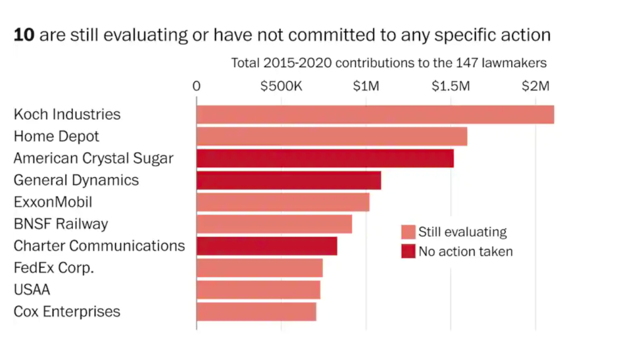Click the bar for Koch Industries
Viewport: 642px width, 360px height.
(x=375, y=114)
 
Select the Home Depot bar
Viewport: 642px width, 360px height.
(x=332, y=136)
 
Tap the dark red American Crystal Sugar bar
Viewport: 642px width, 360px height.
(x=325, y=158)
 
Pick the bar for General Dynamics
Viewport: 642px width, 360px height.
(x=288, y=180)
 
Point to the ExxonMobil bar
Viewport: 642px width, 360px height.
(x=283, y=202)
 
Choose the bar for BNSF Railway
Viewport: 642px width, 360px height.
(x=274, y=224)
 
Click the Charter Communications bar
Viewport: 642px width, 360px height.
(x=266, y=246)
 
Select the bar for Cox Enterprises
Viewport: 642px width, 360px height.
(x=256, y=312)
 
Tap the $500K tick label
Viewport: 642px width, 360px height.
(x=281, y=86)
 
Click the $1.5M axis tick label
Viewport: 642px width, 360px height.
(x=450, y=86)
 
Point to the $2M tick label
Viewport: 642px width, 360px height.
(x=535, y=86)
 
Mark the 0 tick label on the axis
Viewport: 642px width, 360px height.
(x=197, y=86)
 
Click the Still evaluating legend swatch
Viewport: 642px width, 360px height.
(x=408, y=232)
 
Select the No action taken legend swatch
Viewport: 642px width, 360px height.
(x=408, y=252)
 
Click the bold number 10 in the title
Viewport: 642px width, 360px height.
(x=24, y=35)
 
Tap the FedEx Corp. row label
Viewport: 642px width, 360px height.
(x=54, y=268)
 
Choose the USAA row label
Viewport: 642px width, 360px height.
(x=32, y=290)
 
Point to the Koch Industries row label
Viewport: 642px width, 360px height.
(x=67, y=114)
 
